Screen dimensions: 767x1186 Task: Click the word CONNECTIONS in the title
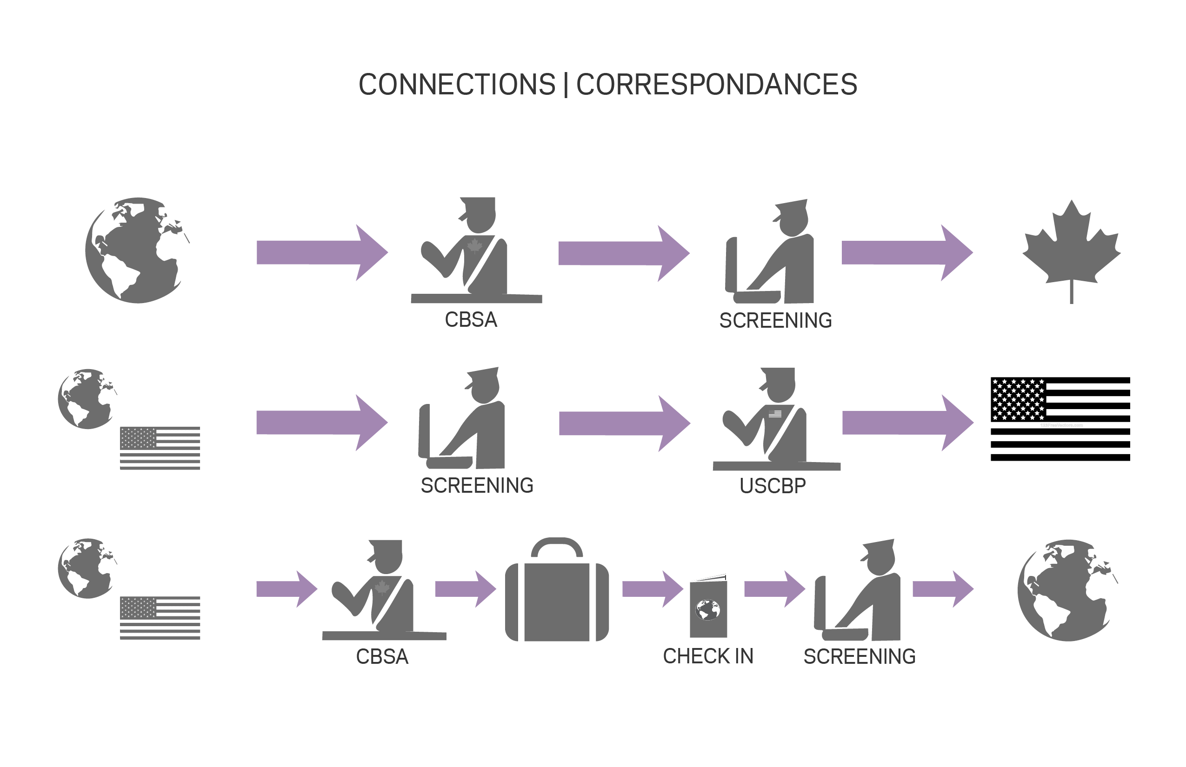(456, 85)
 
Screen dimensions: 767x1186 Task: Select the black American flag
(1060, 419)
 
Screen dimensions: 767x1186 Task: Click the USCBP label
(773, 486)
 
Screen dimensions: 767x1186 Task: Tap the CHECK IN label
(707, 656)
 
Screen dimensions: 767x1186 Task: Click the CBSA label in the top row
(471, 320)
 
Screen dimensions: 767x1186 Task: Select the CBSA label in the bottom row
(382, 657)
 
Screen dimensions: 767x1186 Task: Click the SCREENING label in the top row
(775, 321)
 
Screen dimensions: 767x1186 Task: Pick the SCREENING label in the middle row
(477, 486)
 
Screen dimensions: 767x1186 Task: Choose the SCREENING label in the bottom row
(860, 657)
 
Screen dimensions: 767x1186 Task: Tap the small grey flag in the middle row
(160, 448)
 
